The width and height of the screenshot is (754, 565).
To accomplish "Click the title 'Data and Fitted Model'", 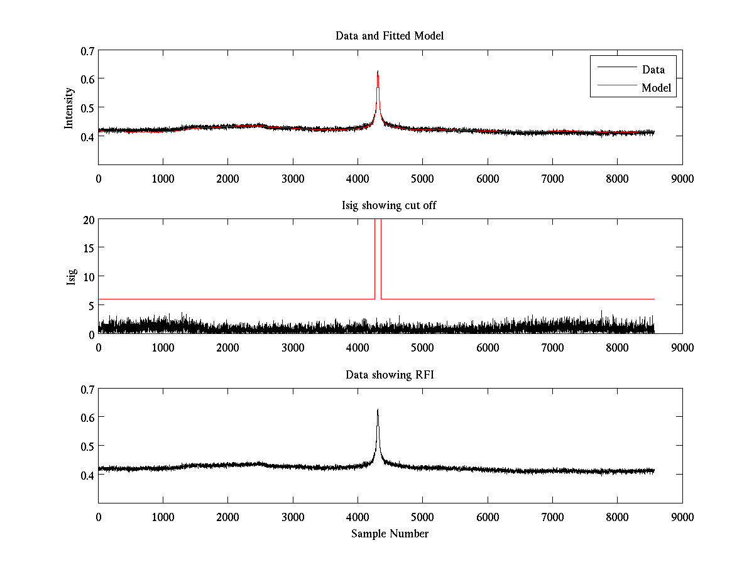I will (x=390, y=36).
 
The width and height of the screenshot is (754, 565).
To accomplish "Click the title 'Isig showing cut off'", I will (x=390, y=205).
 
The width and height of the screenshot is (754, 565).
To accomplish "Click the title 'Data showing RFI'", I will (x=390, y=375).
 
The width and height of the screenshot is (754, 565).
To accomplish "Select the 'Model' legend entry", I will (x=657, y=89).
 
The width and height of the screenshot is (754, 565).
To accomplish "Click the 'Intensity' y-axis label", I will (x=70, y=107).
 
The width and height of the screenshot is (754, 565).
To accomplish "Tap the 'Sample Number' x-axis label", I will (x=390, y=534).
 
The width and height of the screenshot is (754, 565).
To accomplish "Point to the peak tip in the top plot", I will (x=378, y=72).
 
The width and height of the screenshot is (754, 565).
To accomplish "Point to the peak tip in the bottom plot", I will (x=378, y=410).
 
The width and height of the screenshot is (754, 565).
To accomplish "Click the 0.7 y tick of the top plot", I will (x=87, y=51).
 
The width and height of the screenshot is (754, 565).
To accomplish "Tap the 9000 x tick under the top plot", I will (x=682, y=178).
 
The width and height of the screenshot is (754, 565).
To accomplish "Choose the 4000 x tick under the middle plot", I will (x=358, y=348).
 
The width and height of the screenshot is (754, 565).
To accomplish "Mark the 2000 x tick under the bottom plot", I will (x=227, y=517).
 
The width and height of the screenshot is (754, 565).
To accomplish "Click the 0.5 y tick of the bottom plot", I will (x=87, y=446).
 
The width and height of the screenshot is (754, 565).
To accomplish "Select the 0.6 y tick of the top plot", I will (x=87, y=79).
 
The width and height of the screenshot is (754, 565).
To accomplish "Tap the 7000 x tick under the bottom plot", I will (x=552, y=517).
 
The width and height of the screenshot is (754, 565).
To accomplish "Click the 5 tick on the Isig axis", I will (x=91, y=306).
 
